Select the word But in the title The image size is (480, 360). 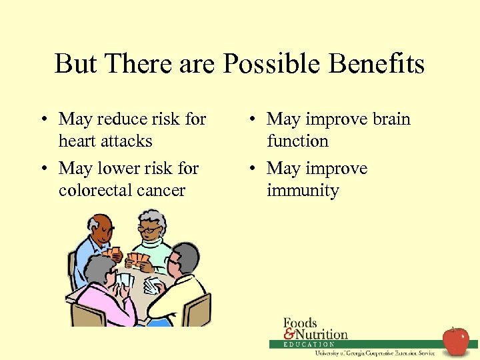click(75, 65)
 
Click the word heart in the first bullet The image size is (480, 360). click(77, 141)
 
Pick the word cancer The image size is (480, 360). click(164, 191)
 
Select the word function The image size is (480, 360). click(297, 141)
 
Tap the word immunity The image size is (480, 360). click(303, 191)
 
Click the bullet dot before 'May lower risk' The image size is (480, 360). click(42, 169)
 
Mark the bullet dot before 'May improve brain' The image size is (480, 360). click(250, 119)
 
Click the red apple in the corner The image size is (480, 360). click(456, 341)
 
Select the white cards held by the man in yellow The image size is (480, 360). click(152, 285)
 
